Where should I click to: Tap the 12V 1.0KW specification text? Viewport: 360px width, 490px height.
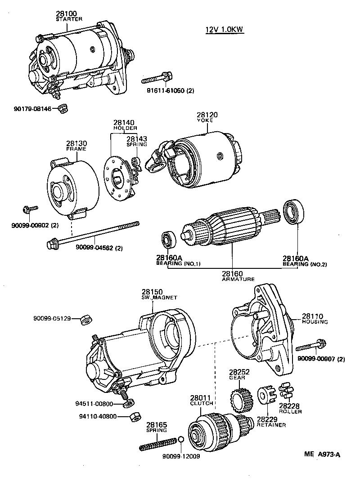point(224,30)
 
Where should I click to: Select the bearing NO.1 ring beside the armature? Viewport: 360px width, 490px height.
point(168,239)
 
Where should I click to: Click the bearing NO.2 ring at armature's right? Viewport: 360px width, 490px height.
point(294,214)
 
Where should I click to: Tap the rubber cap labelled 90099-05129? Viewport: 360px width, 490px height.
point(86,320)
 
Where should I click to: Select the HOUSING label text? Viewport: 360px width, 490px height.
point(315,322)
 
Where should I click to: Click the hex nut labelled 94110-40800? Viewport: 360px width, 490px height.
point(133,416)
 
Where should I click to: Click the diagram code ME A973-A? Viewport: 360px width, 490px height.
point(320,454)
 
